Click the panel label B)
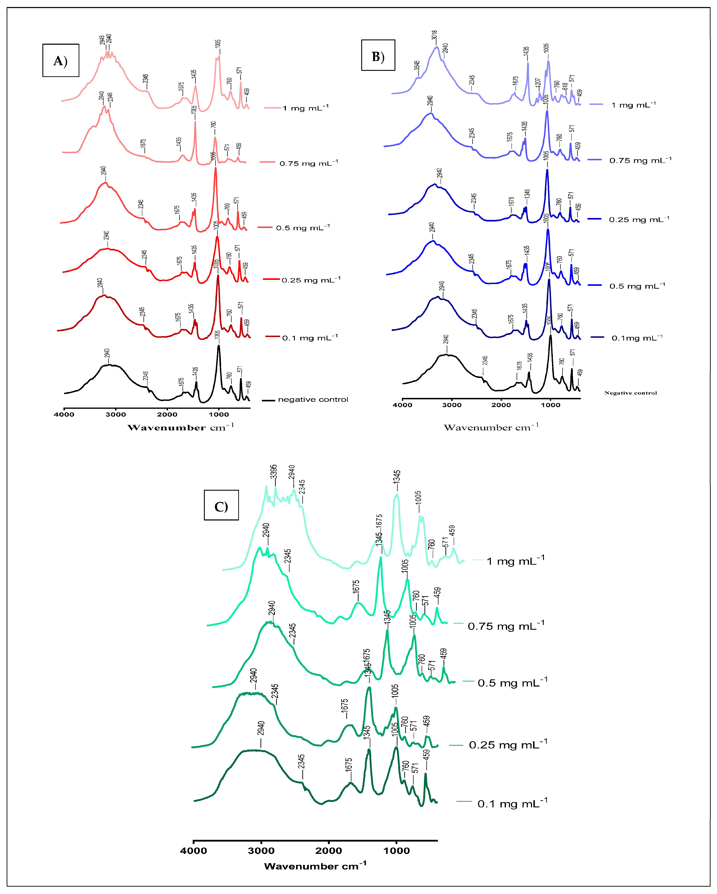click(x=378, y=56)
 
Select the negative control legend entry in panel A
click(x=313, y=399)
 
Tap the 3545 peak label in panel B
click(x=417, y=66)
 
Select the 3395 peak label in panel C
click(x=274, y=472)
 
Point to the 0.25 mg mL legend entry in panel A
click(x=311, y=280)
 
